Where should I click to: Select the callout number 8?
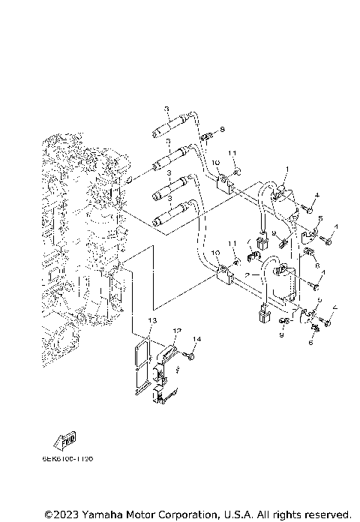223,130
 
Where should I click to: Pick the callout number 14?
197,340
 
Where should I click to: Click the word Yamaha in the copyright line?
104,514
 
